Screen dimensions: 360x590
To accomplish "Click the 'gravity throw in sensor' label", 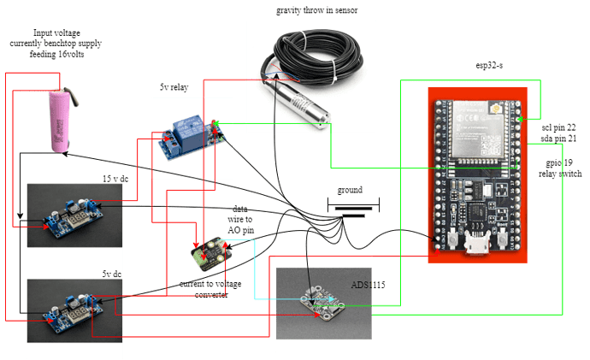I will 316,11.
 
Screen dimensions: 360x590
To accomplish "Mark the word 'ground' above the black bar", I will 351,190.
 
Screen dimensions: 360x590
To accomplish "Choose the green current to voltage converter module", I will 209,253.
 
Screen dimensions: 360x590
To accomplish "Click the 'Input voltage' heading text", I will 56,32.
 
